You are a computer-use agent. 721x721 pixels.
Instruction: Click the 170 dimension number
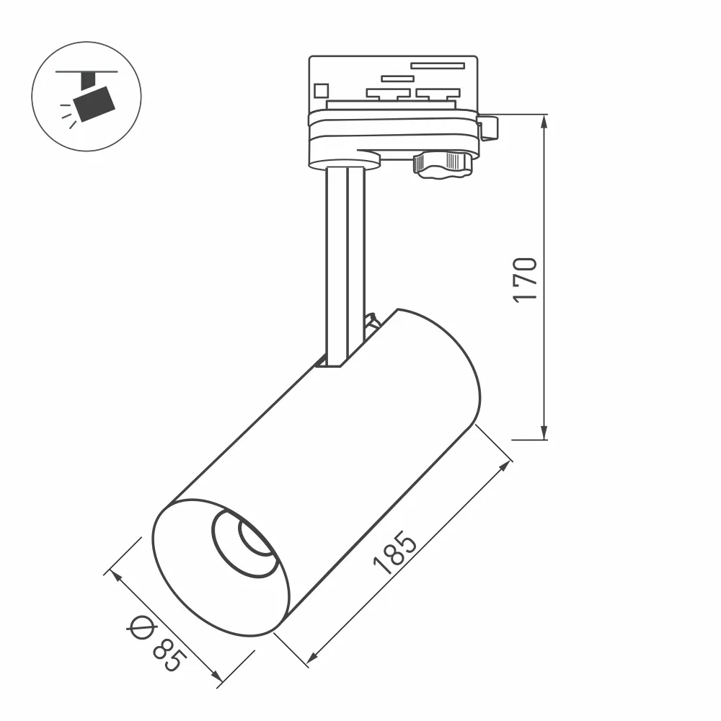click(526, 279)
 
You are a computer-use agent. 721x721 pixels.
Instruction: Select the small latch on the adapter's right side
click(489, 128)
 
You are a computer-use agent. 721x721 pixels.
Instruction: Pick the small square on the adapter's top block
click(321, 90)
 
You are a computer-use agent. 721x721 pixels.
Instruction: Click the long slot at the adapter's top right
click(437, 66)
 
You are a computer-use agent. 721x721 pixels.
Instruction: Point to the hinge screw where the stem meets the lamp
click(373, 322)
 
